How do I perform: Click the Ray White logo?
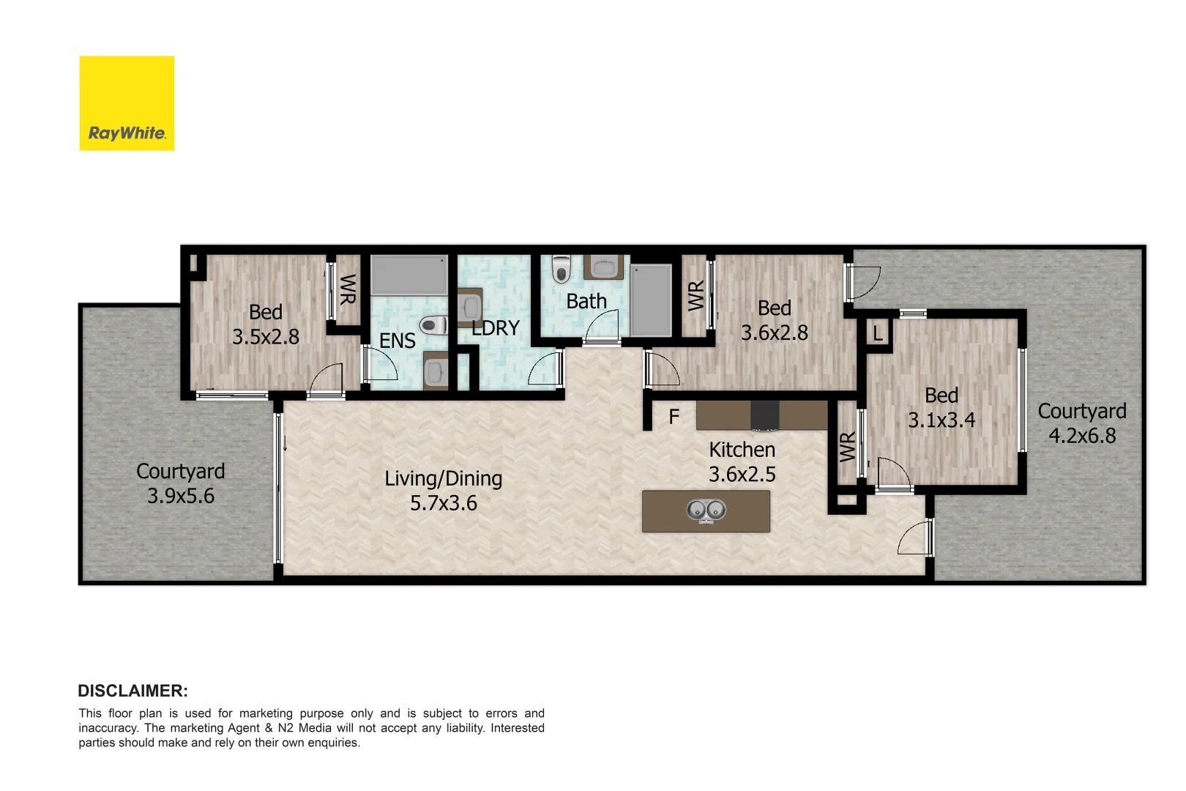(127, 103)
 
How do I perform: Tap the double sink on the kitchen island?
(706, 510)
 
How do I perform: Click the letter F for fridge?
(674, 417)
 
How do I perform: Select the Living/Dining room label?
(443, 478)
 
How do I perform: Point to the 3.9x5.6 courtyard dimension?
(181, 496)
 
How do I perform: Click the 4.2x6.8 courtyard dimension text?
(1082, 436)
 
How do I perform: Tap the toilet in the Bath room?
(561, 269)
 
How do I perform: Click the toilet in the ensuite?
(433, 324)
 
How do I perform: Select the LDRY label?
(496, 328)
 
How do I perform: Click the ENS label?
(398, 341)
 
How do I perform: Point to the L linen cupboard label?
(878, 335)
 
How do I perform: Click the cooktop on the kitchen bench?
(764, 415)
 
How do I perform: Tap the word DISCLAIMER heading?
(133, 691)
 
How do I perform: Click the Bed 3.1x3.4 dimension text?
(941, 420)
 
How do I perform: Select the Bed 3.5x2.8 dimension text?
(265, 337)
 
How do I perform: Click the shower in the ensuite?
(409, 275)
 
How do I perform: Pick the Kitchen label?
(742, 450)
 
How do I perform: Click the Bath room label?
(586, 301)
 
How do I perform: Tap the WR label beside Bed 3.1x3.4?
(847, 447)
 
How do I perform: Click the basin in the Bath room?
(603, 267)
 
